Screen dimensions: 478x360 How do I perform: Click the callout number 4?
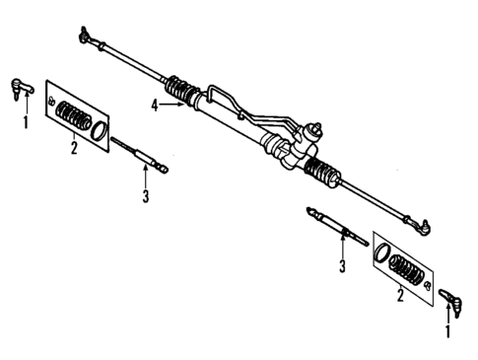tap(155, 104)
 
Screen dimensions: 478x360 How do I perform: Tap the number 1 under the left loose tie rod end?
tap(26, 123)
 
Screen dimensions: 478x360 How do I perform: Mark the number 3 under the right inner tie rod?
tap(343, 266)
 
